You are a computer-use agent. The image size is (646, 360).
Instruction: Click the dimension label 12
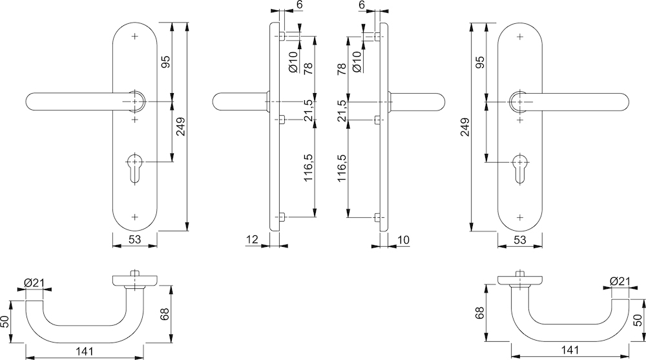point(252,240)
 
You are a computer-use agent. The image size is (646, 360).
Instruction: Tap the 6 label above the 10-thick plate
point(361,5)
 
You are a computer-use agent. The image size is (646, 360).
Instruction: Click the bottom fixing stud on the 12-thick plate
point(284,217)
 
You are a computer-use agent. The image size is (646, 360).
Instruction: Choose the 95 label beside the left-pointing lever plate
point(165,63)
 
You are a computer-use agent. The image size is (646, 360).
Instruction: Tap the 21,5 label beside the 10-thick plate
point(342,111)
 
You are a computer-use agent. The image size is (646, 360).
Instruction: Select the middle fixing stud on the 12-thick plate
point(283,120)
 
